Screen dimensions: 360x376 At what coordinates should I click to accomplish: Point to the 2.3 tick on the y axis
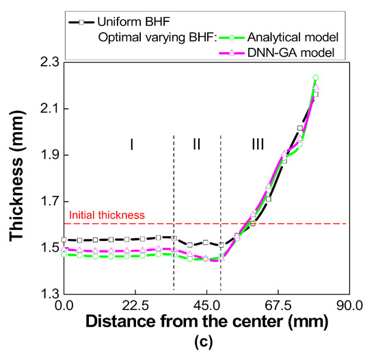point(46,62)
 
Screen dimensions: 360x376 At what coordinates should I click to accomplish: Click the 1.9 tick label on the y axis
point(46,155)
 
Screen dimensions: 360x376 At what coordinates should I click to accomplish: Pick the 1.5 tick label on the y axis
point(46,248)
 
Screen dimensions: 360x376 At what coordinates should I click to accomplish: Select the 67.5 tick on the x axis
point(278,305)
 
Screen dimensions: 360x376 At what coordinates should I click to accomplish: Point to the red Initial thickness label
point(106,215)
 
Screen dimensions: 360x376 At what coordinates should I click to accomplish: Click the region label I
point(131,144)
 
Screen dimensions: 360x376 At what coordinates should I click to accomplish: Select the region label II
point(196,144)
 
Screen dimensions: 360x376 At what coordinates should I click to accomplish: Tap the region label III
point(257,144)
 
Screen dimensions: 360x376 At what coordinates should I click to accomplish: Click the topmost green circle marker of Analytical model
point(315,78)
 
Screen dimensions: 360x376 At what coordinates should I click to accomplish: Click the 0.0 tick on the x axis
point(64,305)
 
